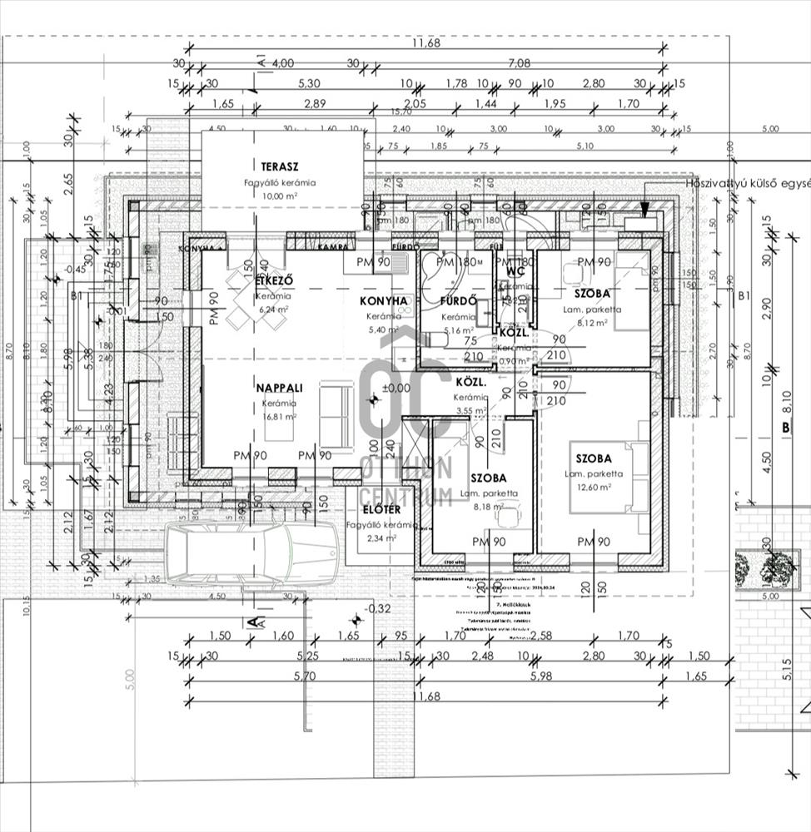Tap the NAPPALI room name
click(276, 388)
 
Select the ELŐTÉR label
click(380, 510)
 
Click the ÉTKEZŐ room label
click(271, 280)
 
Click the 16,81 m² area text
click(275, 417)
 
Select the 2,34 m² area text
click(381, 538)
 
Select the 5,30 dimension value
click(308, 84)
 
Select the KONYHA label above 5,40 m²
click(383, 301)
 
